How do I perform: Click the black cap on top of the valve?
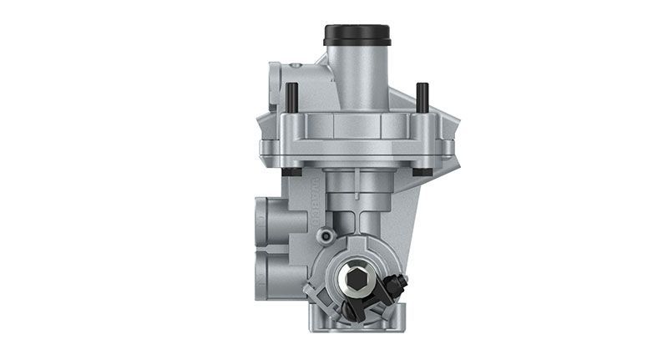[x=357, y=34]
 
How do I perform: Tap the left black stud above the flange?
[x=292, y=97]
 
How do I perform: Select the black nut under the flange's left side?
[x=292, y=172]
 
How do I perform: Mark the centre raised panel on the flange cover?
[x=357, y=125]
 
